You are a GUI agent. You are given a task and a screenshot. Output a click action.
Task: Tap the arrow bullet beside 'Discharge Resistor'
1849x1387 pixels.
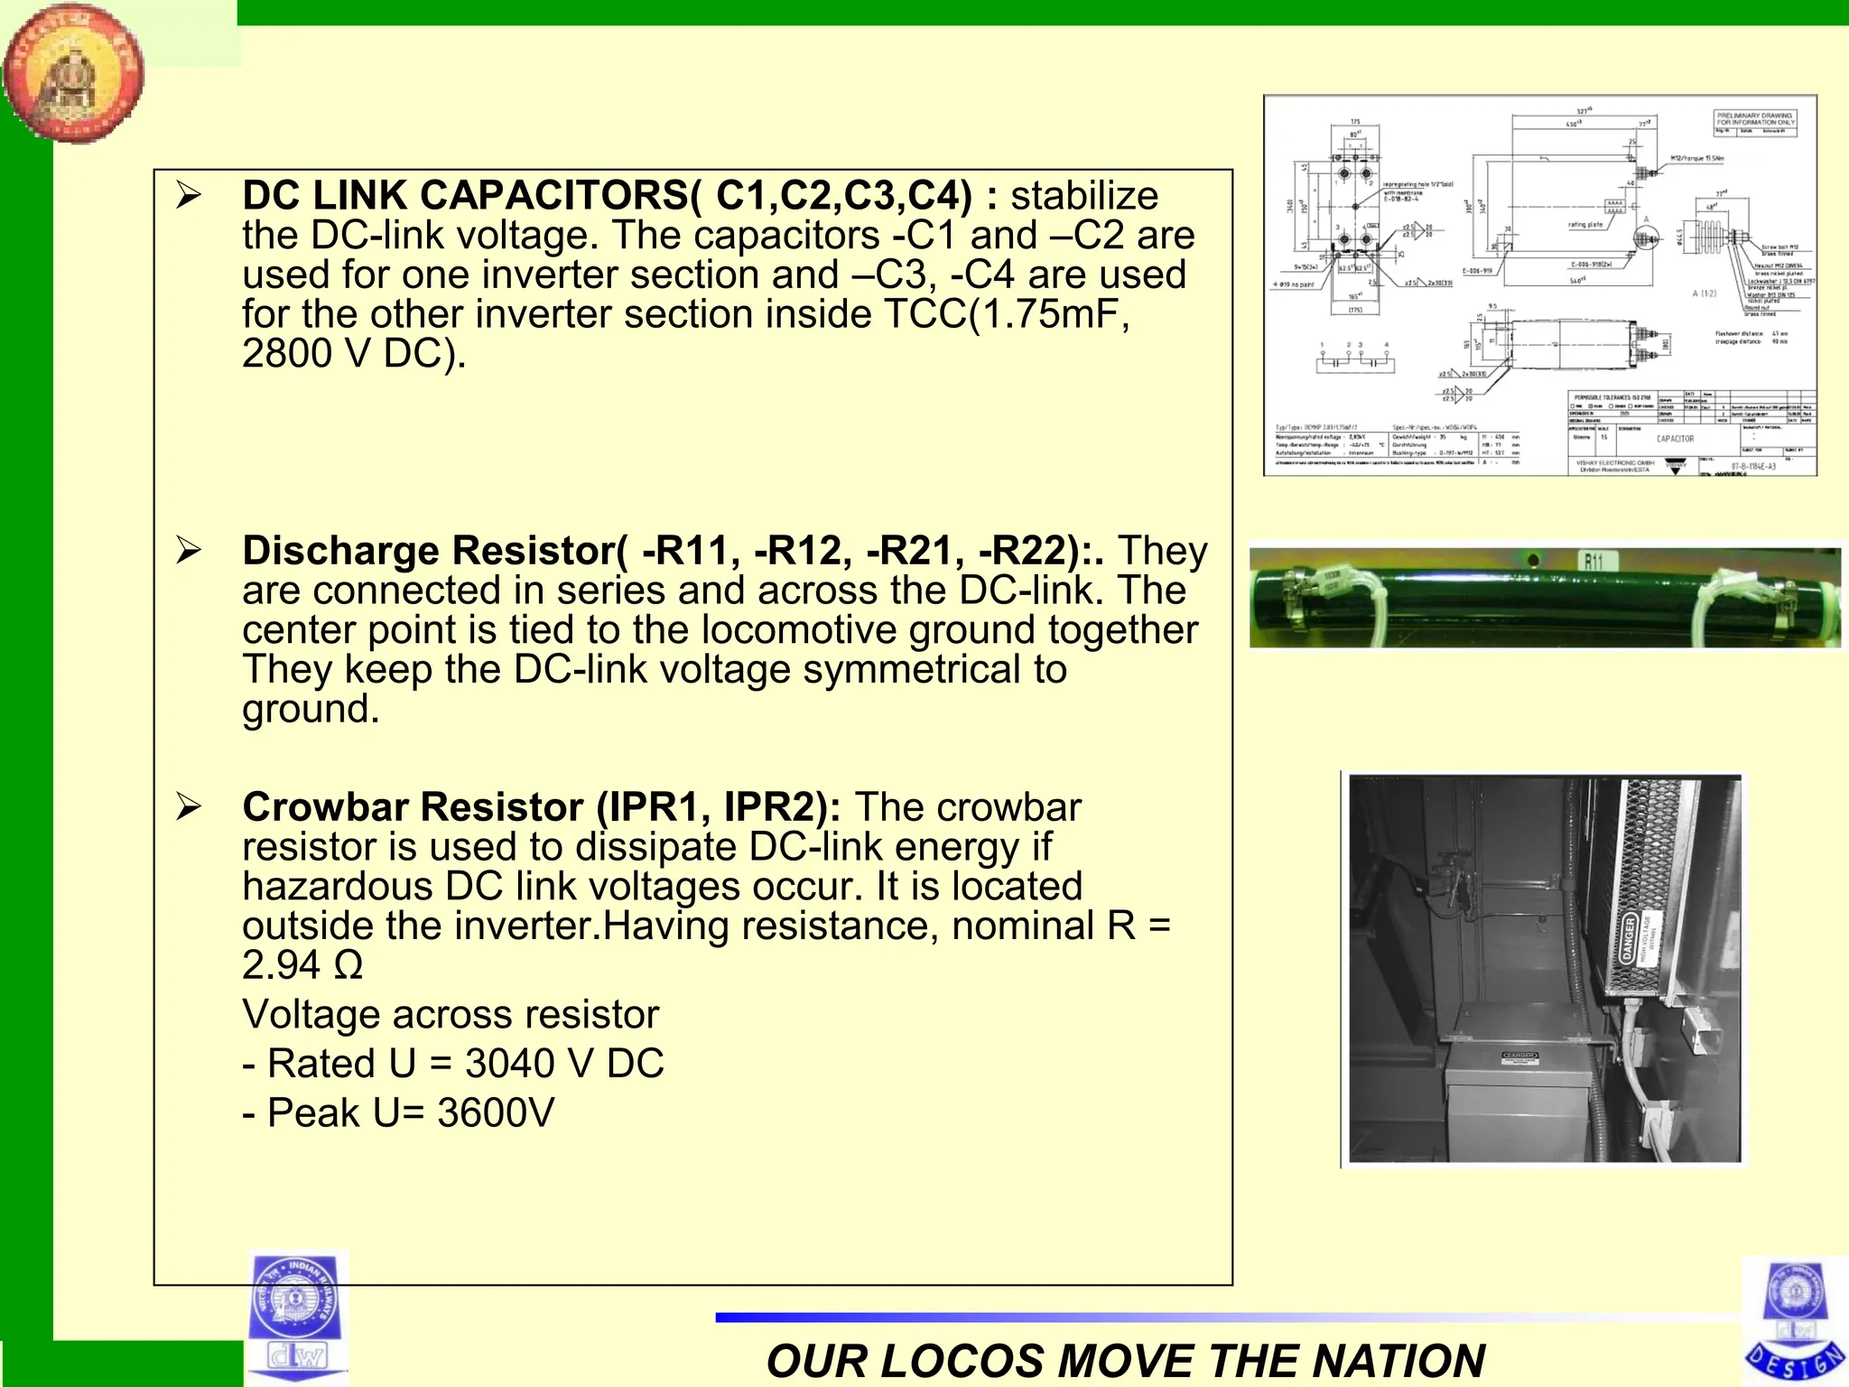click(x=189, y=549)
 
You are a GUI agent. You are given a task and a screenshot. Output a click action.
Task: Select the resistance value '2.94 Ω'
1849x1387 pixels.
click(x=302, y=965)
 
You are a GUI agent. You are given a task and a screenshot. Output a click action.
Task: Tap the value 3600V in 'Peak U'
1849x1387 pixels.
click(x=496, y=1113)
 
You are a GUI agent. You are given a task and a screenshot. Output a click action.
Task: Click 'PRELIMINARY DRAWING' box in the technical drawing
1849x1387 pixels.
click(x=1755, y=118)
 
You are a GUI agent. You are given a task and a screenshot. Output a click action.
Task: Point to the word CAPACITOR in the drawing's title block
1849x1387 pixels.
click(x=1675, y=439)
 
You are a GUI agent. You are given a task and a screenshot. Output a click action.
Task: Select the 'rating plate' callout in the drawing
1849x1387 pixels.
click(x=1584, y=224)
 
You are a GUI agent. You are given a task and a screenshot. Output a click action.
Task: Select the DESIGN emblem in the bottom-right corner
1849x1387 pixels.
click(x=1795, y=1320)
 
